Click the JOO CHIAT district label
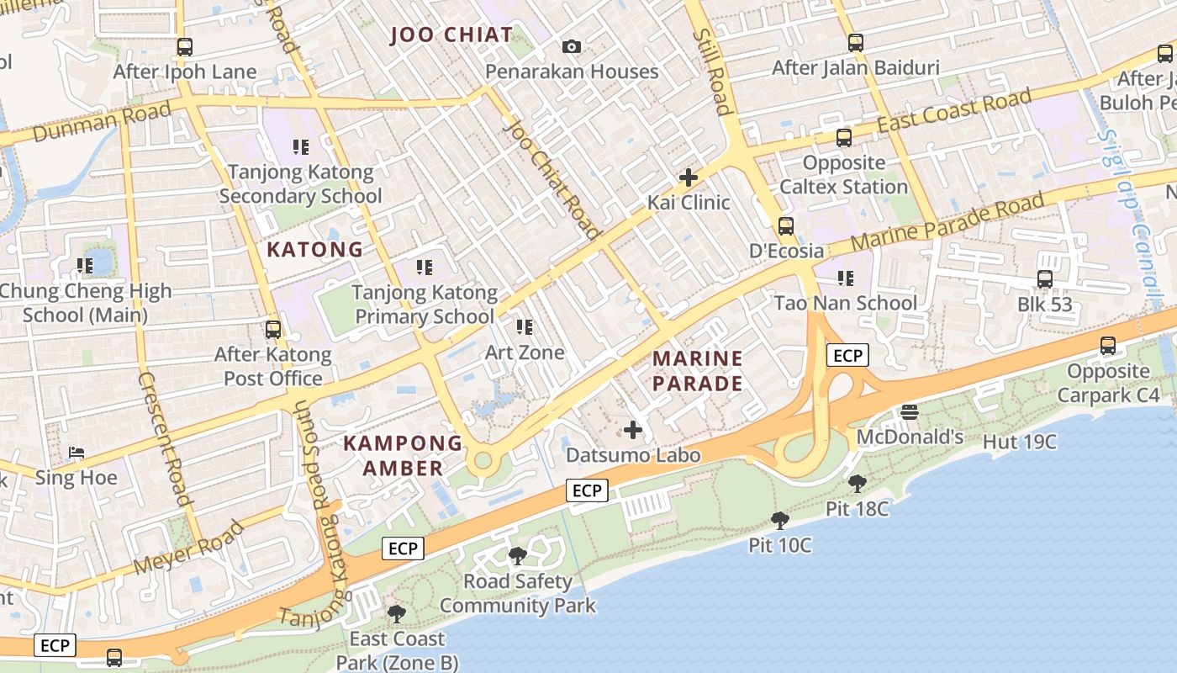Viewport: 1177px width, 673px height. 452,34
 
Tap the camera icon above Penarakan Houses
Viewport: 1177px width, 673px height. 572,46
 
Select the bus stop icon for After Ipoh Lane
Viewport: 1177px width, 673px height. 185,47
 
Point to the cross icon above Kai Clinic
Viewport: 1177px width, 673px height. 689,178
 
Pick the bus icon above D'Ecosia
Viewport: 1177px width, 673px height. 786,225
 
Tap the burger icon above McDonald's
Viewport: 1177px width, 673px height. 909,412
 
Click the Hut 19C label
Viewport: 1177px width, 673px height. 1019,442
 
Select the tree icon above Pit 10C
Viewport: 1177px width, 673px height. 780,521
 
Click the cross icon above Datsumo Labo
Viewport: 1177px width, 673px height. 633,430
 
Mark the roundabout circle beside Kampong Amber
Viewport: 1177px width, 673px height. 483,460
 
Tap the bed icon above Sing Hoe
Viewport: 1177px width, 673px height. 77,453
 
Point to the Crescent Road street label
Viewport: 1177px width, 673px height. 163,437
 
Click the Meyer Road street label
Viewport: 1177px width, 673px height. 189,548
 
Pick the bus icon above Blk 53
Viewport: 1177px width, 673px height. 1045,279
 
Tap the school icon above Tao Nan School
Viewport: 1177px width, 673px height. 846,278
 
